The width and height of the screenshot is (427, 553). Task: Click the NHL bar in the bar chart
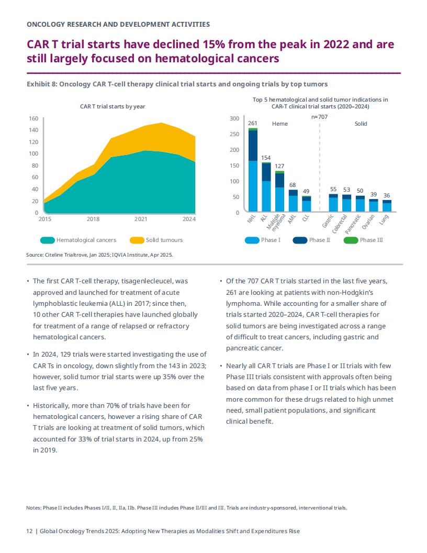[253, 170]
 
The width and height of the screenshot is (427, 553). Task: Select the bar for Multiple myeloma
[280, 191]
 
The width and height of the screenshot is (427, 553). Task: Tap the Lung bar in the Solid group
[387, 206]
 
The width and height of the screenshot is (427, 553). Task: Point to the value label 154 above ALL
[266, 158]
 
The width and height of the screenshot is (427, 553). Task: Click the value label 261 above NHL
[253, 123]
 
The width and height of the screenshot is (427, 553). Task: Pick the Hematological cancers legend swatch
[47, 240]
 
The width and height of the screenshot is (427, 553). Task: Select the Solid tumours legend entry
[156, 240]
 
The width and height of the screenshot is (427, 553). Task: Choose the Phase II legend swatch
[300, 240]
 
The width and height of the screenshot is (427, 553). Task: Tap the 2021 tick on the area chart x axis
[141, 219]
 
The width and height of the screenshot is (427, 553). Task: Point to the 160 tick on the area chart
[33, 118]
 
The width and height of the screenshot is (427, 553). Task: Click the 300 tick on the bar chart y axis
[234, 118]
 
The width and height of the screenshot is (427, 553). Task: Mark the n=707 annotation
[320, 117]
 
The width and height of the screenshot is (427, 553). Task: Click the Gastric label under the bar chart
[328, 221]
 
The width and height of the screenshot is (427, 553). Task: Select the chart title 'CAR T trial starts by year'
[113, 106]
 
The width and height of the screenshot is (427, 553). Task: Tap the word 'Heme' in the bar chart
[280, 124]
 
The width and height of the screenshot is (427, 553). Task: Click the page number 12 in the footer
[29, 531]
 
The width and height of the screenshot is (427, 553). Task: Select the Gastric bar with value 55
[333, 203]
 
